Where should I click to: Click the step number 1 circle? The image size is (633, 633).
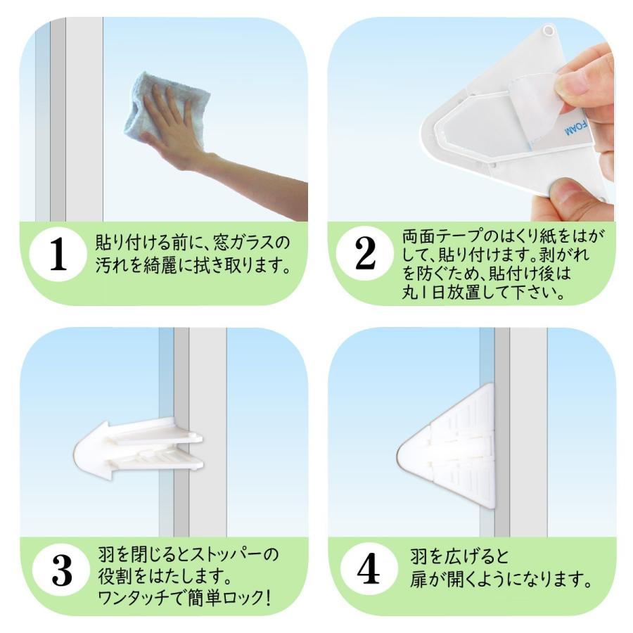(58, 254)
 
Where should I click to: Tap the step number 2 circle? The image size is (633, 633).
(365, 253)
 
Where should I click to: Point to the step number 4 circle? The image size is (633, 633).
(368, 569)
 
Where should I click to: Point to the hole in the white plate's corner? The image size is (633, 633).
(548, 30)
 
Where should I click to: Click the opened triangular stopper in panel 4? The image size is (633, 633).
(446, 446)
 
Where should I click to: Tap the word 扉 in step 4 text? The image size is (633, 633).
(418, 580)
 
